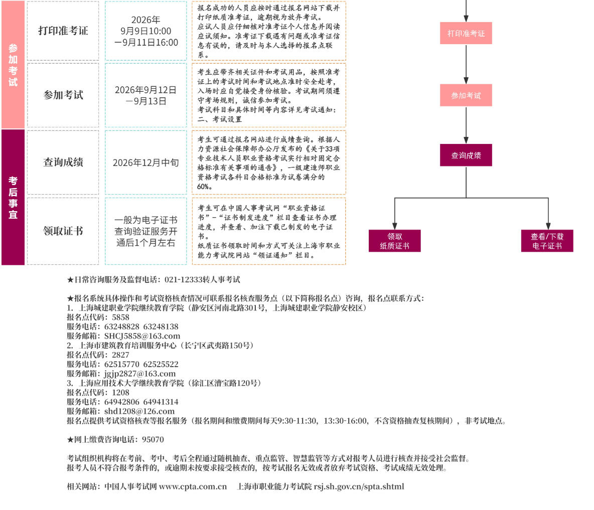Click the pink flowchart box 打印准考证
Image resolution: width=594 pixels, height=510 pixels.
point(466,33)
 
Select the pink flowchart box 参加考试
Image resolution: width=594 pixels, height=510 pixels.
point(466,95)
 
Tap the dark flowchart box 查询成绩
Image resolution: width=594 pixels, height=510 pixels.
point(466,155)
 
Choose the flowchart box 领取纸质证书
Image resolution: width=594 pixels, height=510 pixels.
point(395,241)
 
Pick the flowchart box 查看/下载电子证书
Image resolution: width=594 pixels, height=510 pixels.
point(547,241)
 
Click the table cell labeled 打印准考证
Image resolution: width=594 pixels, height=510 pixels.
point(63,31)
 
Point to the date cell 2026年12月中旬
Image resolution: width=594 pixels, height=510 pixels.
point(146,162)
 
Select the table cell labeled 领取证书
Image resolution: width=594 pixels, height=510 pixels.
point(63,231)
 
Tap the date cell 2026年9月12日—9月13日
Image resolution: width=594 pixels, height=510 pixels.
point(146,95)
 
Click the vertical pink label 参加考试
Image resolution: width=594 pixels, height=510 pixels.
point(13,65)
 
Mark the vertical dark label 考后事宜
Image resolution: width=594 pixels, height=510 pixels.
point(13,197)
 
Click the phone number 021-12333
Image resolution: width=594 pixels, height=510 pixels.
point(184,280)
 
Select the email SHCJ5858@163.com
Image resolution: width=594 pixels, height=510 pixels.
point(142,336)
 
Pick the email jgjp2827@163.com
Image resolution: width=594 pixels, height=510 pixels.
point(140,374)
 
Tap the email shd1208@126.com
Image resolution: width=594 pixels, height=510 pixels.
point(139,411)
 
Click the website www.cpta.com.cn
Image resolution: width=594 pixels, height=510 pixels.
point(193,486)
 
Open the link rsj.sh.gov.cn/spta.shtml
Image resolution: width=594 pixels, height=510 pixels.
point(359,486)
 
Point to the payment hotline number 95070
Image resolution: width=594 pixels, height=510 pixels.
point(153,440)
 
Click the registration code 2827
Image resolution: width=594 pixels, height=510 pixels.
point(120,355)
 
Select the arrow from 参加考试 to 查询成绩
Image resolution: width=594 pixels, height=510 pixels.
point(466,125)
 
